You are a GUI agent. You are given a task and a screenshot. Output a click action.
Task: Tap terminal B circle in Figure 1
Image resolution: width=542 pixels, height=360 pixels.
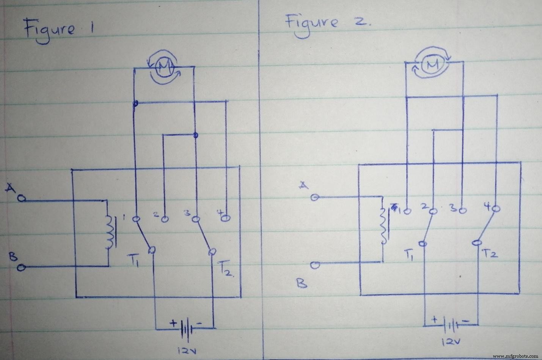pyautogui.click(x=22, y=268)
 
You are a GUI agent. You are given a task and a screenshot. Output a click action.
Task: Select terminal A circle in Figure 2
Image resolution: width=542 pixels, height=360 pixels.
pyautogui.click(x=314, y=197)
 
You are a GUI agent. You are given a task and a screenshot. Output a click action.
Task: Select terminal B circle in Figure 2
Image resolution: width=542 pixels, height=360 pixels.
pyautogui.click(x=315, y=265)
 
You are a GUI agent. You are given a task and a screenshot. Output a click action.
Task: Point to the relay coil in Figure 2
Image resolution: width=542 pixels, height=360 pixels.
pyautogui.click(x=384, y=227)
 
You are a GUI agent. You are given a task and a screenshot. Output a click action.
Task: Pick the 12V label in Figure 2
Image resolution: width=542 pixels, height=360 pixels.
pyautogui.click(x=449, y=343)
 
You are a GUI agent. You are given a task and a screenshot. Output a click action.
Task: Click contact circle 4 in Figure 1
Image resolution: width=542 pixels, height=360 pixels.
pyautogui.click(x=226, y=219)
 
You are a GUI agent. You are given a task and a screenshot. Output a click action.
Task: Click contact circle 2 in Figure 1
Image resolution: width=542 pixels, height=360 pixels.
pyautogui.click(x=164, y=219)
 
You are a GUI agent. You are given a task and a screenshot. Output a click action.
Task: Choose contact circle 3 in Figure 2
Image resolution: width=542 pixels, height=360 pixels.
pyautogui.click(x=462, y=209)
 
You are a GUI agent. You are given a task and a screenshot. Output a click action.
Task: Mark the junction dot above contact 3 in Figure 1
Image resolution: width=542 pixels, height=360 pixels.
pyautogui.click(x=195, y=135)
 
